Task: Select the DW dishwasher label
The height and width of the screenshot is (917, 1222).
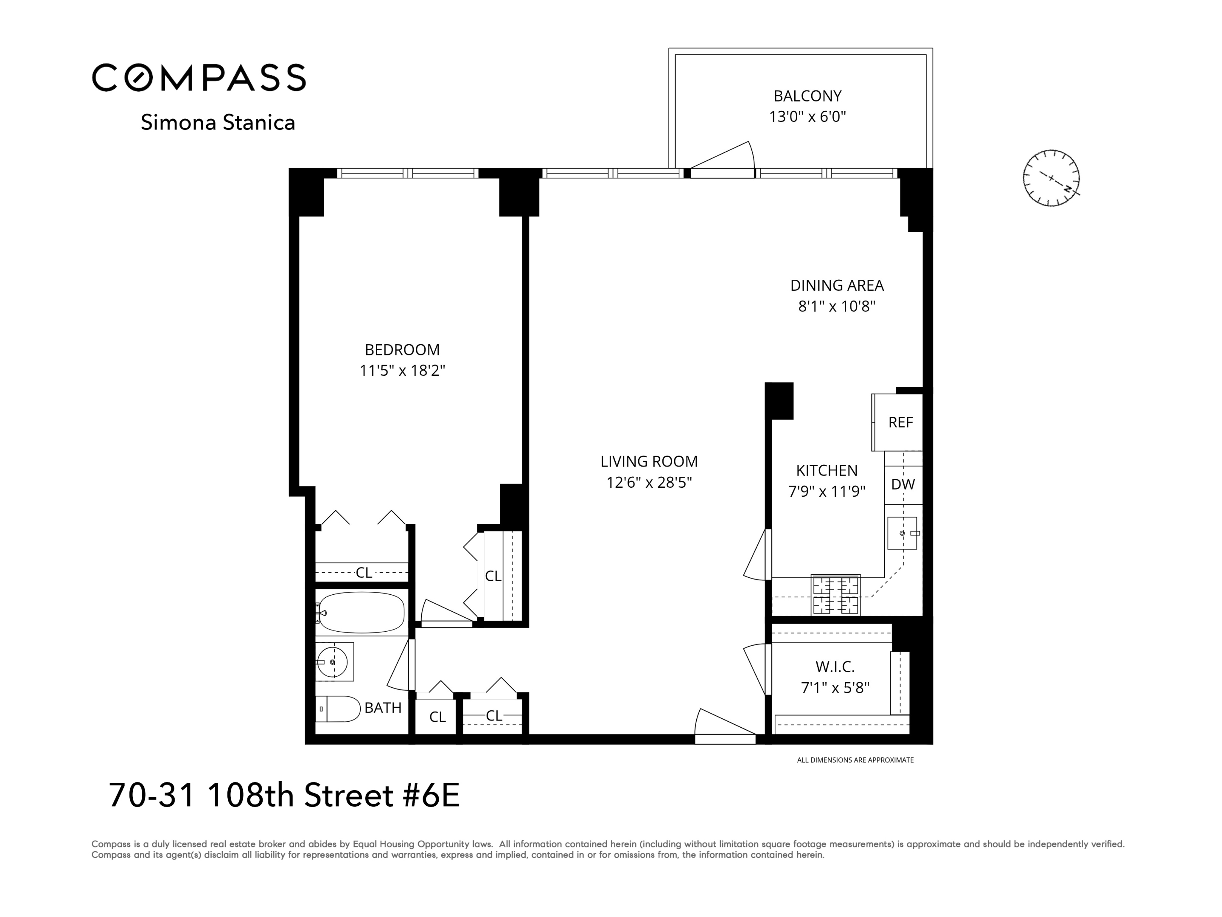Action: (x=902, y=484)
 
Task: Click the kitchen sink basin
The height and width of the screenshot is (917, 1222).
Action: (x=902, y=533)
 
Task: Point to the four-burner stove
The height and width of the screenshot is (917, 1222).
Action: (x=835, y=595)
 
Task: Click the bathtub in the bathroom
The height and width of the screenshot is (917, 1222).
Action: (x=362, y=613)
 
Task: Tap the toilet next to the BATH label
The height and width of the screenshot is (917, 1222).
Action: (x=338, y=709)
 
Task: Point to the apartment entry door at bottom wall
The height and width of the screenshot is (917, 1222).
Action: (x=725, y=725)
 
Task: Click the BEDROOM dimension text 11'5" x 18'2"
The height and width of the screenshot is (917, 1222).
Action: (x=402, y=370)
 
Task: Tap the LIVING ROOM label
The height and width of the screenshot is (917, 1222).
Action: (x=649, y=461)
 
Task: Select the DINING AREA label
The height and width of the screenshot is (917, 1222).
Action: (x=836, y=286)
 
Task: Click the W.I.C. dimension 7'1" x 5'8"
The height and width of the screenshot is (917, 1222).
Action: (x=835, y=688)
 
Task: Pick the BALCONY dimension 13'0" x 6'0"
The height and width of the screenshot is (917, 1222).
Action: (x=807, y=117)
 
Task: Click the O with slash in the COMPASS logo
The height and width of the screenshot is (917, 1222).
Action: (x=136, y=77)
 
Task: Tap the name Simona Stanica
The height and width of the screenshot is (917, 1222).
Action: (x=218, y=123)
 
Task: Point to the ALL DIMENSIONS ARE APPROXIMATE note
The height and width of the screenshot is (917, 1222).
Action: (x=855, y=760)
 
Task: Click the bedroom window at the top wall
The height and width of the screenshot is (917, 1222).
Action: (x=408, y=173)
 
